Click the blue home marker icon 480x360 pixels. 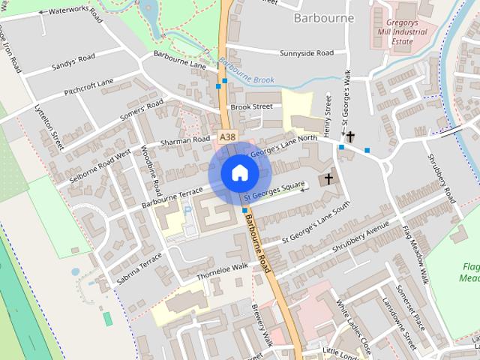239,172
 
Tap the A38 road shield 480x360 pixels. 228,136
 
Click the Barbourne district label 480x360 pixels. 325,17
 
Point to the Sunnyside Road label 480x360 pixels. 306,53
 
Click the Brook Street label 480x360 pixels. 251,106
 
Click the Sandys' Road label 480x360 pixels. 73,61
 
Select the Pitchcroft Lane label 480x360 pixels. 89,88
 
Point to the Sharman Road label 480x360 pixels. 185,139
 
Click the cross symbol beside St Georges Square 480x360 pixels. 328,179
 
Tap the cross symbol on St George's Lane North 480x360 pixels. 350,136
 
